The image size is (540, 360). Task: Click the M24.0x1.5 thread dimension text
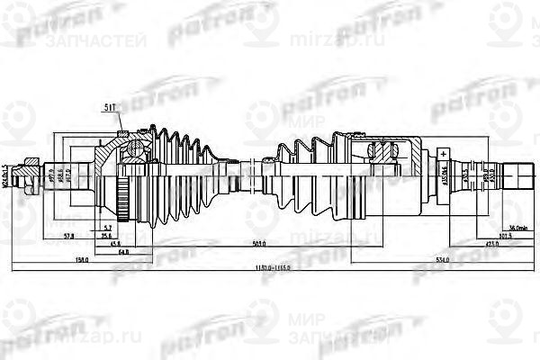coord(6,176)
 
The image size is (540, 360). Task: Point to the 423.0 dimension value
coord(492,243)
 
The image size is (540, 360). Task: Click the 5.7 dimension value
coord(107,227)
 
